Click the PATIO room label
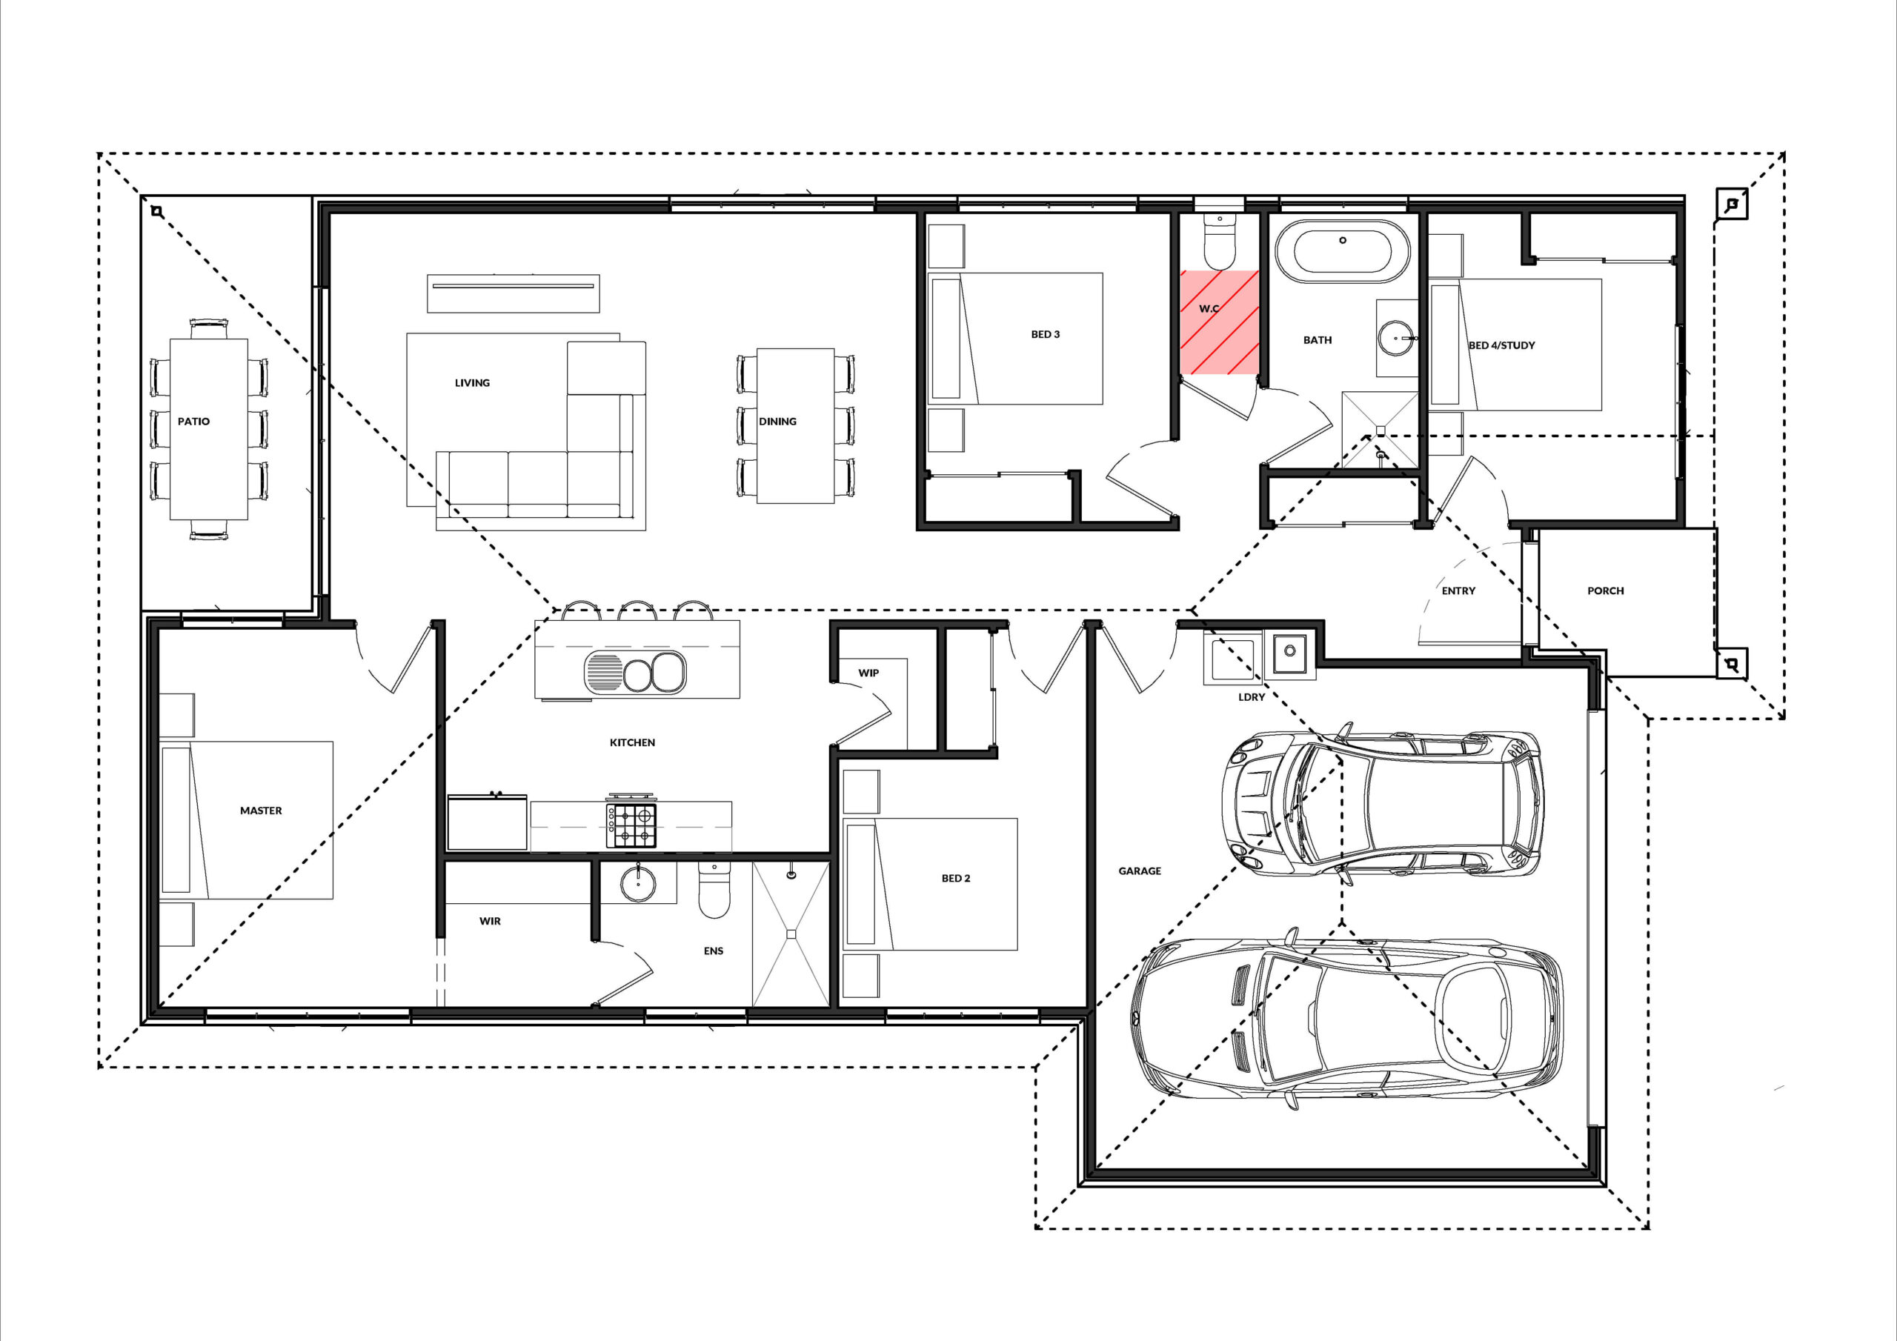click(193, 422)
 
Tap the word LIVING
click(472, 382)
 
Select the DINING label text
click(777, 422)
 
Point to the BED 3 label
click(1045, 335)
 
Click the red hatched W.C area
click(1219, 322)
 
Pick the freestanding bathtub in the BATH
click(1342, 247)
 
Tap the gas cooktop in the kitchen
click(632, 822)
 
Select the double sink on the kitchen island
click(635, 672)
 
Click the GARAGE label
click(1140, 871)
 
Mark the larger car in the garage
click(1346, 1024)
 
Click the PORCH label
click(1605, 590)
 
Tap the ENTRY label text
click(1458, 590)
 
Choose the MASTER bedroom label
click(261, 811)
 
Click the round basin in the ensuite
click(638, 883)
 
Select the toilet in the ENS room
click(714, 891)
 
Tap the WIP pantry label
click(868, 673)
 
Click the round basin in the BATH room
click(1396, 338)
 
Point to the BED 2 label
click(956, 878)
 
